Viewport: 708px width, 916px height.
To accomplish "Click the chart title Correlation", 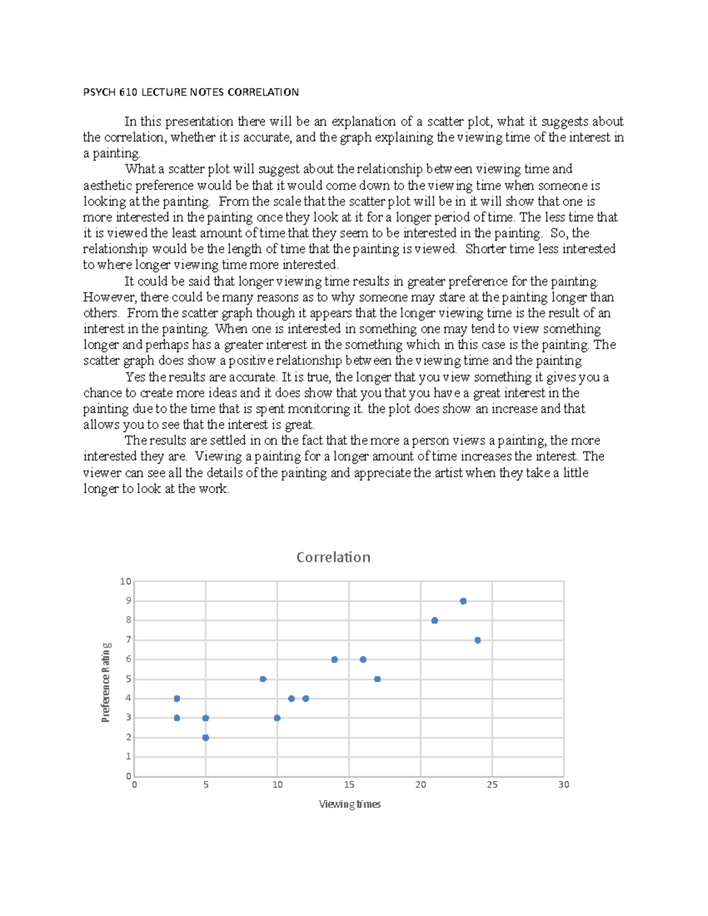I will (x=333, y=557).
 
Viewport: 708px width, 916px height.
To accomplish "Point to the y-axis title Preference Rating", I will (x=106, y=682).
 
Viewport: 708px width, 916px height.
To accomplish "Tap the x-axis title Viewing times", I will (x=350, y=804).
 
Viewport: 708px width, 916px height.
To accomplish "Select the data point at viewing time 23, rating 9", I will (x=463, y=601).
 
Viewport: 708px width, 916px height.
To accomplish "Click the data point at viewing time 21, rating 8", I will (x=435, y=620).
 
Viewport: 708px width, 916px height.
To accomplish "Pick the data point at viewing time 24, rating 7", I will (x=477, y=640).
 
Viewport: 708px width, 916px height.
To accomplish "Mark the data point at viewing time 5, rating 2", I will (x=206, y=738).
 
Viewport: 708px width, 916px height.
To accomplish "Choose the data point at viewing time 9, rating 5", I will (x=263, y=679).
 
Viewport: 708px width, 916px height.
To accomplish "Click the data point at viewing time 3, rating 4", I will (x=177, y=698).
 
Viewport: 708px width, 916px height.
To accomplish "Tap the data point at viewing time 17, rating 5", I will (x=378, y=679).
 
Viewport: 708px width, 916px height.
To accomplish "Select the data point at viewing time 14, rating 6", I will (x=335, y=659).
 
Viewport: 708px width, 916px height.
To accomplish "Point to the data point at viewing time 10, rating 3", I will (x=277, y=718).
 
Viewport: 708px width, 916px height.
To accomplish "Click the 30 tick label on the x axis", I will (x=563, y=785).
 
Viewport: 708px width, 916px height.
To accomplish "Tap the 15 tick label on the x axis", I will (x=349, y=785).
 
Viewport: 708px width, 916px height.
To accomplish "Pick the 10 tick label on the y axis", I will (x=125, y=582).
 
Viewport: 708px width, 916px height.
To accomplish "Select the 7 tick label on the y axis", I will (x=128, y=640).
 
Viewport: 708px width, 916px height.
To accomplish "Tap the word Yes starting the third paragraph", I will (x=135, y=377).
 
